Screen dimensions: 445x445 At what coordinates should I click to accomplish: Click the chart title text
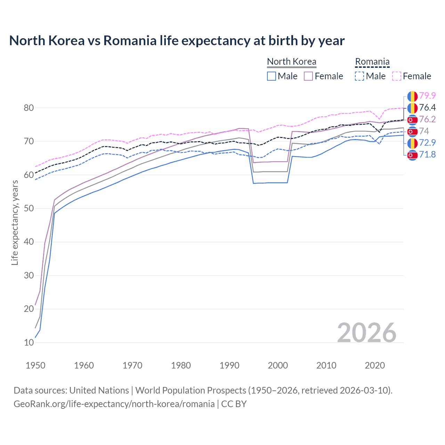(x=177, y=41)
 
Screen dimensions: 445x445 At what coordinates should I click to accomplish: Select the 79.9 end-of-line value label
(x=427, y=96)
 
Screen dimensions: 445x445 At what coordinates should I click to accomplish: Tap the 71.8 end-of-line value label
(x=427, y=154)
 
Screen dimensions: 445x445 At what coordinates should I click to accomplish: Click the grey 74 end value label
(x=424, y=131)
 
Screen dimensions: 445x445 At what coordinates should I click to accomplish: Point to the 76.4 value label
(x=427, y=107)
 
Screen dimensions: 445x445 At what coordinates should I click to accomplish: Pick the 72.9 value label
(x=427, y=143)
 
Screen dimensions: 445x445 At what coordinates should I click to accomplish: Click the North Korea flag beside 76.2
(x=412, y=120)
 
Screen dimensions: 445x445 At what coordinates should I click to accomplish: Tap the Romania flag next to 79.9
(x=412, y=96)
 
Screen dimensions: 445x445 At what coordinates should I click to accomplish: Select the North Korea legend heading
(x=291, y=62)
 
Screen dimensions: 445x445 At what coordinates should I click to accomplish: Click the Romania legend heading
(x=372, y=62)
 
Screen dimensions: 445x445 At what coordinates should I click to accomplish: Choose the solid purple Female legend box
(x=308, y=76)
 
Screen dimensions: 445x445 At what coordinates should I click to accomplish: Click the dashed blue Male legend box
(x=359, y=76)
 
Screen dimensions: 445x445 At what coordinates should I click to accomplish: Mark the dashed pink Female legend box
(x=397, y=76)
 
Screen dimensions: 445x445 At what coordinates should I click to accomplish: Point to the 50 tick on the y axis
(x=29, y=208)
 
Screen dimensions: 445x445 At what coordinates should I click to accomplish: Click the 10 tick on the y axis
(x=29, y=342)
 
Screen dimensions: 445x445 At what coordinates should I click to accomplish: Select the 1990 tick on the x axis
(x=229, y=365)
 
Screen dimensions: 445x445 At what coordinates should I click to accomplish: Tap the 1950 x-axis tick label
(x=35, y=365)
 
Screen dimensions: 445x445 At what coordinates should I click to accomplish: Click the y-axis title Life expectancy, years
(x=15, y=222)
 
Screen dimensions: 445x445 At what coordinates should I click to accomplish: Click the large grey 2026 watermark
(x=367, y=333)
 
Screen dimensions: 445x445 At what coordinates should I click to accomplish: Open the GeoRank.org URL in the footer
(x=114, y=404)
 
